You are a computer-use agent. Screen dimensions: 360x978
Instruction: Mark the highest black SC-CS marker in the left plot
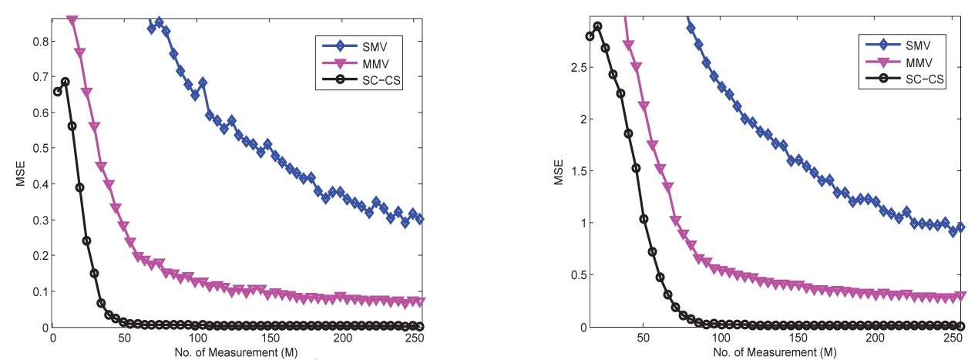[x=66, y=82]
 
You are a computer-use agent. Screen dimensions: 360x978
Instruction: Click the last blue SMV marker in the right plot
[x=960, y=227]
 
